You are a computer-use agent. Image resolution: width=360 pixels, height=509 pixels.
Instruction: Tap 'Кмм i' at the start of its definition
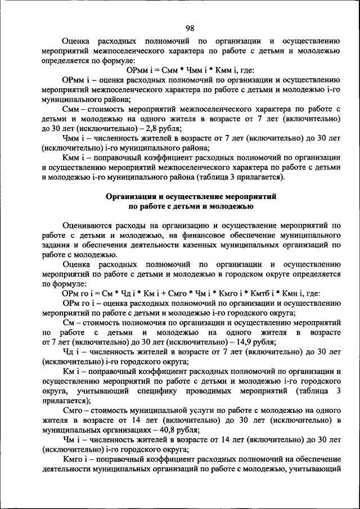coord(74,158)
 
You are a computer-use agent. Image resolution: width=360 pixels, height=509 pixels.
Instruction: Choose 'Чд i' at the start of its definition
coord(71,352)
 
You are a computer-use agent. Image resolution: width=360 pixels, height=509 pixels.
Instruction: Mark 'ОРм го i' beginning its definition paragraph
coord(79,303)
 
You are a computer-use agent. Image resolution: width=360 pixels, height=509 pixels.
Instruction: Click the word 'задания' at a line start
coord(56,245)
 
